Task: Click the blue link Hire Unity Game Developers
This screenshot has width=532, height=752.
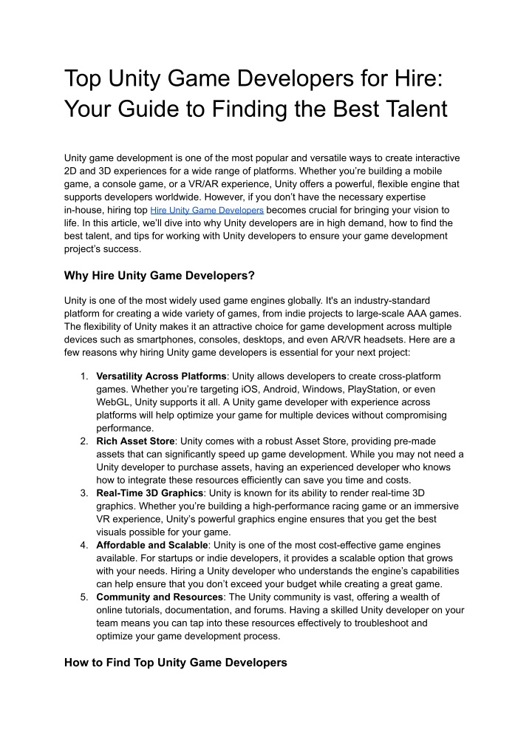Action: click(207, 211)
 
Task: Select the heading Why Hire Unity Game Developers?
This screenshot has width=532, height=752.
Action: click(160, 276)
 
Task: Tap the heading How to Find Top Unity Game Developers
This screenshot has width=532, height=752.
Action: click(176, 663)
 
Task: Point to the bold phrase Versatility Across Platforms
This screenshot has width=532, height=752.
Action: click(162, 376)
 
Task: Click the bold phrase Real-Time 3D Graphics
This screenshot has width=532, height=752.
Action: click(149, 493)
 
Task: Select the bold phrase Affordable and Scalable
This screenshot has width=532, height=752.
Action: click(153, 545)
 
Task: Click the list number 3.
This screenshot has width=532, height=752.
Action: click(84, 493)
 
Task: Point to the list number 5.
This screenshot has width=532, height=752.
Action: click(84, 597)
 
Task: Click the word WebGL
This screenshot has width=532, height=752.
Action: click(113, 402)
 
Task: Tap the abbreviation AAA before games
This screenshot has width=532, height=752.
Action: click(406, 314)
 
